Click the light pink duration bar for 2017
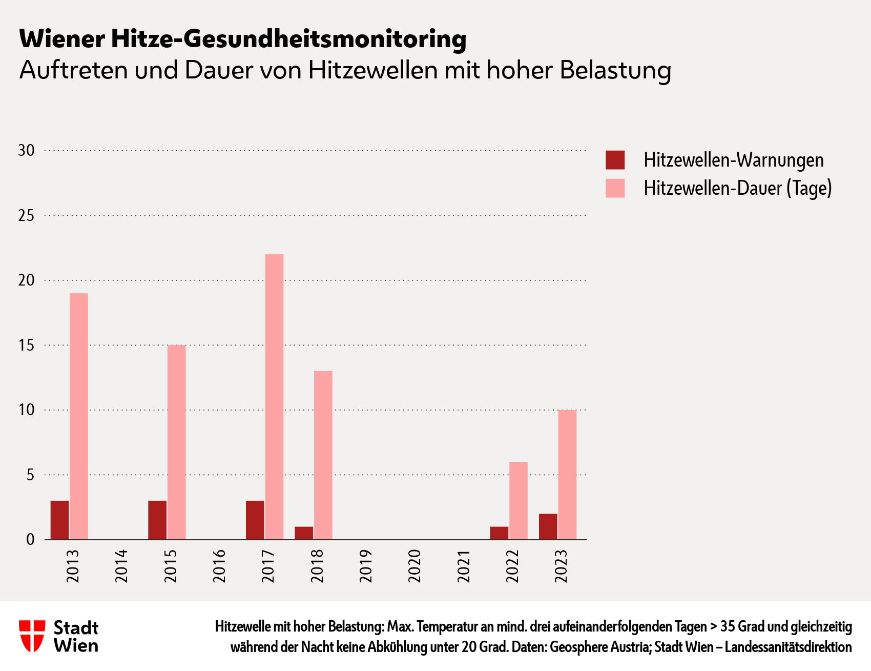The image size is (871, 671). [274, 397]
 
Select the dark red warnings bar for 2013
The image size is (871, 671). [59, 520]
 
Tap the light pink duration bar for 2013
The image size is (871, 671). [79, 416]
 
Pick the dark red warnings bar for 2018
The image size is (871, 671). [304, 533]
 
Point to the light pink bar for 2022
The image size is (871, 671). [518, 501]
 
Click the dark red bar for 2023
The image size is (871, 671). [548, 526]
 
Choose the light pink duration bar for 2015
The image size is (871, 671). [176, 442]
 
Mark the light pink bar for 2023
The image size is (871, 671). [567, 475]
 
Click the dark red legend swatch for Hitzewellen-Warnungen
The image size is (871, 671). [615, 160]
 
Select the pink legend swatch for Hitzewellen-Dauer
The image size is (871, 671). [615, 188]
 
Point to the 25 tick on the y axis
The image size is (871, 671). [26, 216]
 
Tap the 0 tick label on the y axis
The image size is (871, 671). [30, 540]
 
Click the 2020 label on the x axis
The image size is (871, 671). [414, 566]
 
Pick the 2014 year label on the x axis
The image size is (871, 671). [121, 566]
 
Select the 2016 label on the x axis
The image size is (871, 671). [219, 566]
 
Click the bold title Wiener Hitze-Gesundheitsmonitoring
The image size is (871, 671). [242, 39]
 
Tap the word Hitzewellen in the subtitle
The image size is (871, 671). [372, 70]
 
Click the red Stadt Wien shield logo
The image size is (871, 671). [32, 636]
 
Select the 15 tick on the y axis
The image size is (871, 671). [26, 345]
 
